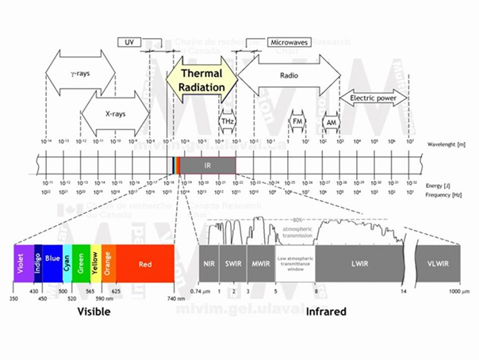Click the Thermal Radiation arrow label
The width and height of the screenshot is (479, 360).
(201, 80)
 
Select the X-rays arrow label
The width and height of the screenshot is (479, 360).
(115, 113)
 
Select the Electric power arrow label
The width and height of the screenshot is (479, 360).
(374, 98)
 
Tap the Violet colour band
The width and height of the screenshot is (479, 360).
(21, 263)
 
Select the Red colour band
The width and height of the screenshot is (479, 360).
(144, 263)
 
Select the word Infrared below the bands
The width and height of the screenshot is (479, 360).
(325, 312)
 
